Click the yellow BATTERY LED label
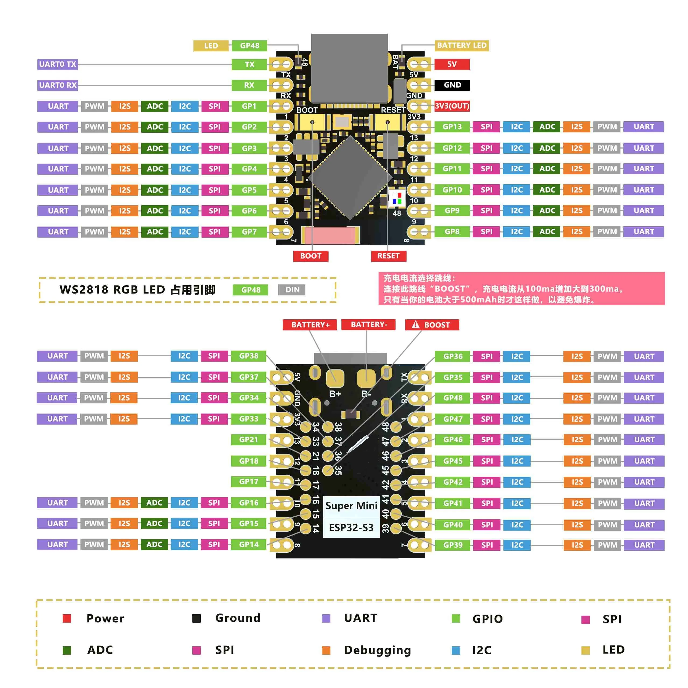[461, 45]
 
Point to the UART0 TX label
[58, 65]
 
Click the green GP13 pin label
[452, 127]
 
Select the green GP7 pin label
[249, 232]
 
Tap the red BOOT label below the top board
[311, 256]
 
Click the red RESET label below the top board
[389, 256]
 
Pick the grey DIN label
[292, 290]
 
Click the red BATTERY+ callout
[310, 325]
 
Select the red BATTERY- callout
[368, 325]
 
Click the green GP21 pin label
[249, 440]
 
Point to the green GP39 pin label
[453, 545]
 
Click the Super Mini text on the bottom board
[351, 506]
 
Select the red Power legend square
[67, 619]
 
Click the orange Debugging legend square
[326, 650]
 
